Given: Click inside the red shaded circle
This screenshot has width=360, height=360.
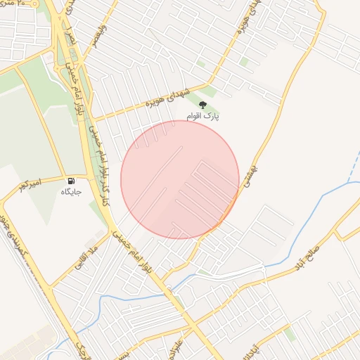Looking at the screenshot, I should [179, 179].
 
